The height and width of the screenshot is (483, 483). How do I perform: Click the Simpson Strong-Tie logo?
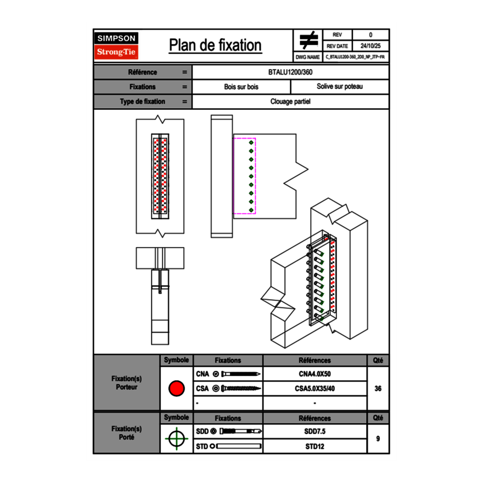coord(117,46)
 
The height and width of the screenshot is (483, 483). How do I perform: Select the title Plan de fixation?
coord(215,45)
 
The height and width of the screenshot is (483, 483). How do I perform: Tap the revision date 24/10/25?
coord(370,46)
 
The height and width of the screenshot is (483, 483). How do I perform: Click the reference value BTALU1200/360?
coord(290,72)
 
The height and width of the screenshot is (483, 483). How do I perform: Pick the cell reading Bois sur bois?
coord(241,87)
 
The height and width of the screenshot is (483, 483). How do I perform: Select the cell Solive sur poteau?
coord(339,87)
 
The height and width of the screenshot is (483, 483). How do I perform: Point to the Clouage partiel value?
coord(290,102)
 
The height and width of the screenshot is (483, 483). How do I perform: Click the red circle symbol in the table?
coord(176,389)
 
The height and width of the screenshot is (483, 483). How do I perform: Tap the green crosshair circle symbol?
coord(176,439)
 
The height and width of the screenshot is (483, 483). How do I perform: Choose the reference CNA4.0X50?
coord(314,374)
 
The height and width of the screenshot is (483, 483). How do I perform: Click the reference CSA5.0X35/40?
coord(314,389)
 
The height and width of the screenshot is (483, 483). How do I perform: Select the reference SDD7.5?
coord(314,431)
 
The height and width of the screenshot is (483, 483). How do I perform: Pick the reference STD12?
coord(314,446)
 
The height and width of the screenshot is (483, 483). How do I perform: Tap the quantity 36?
coord(378,389)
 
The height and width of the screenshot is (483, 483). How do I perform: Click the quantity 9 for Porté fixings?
coord(378,439)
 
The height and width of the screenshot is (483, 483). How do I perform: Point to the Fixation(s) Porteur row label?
coord(126,383)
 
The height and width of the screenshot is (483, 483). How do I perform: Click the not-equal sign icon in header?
coord(308,41)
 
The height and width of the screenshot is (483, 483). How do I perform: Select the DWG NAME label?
coord(307,57)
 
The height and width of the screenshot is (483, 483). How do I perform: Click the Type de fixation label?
coord(142,102)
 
